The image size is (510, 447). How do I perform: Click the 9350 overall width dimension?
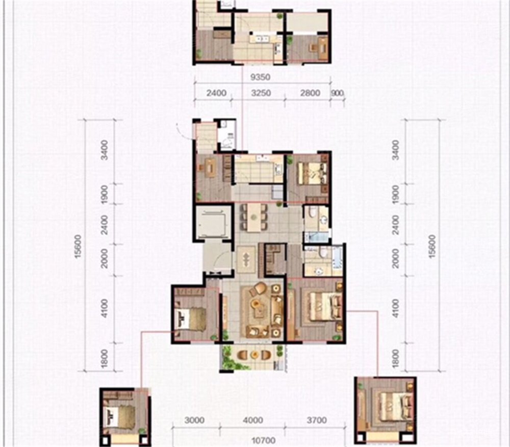tap(261, 77)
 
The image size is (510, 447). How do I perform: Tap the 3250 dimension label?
tap(261, 93)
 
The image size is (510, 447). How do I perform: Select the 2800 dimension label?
tap(310, 93)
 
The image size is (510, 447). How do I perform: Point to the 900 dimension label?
tap(338, 93)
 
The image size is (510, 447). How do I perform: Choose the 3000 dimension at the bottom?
tap(194, 420)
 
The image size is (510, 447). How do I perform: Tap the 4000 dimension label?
tap(253, 420)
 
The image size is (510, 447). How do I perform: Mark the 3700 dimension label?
tap(317, 420)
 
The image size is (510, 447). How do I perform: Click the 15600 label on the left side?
tap(78, 246)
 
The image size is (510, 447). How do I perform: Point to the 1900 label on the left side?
tap(105, 195)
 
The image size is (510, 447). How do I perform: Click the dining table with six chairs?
tap(253, 218)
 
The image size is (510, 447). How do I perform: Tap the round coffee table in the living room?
tap(256, 303)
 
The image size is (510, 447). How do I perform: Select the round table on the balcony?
tap(254, 355)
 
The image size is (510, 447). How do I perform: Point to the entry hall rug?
tap(246, 260)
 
